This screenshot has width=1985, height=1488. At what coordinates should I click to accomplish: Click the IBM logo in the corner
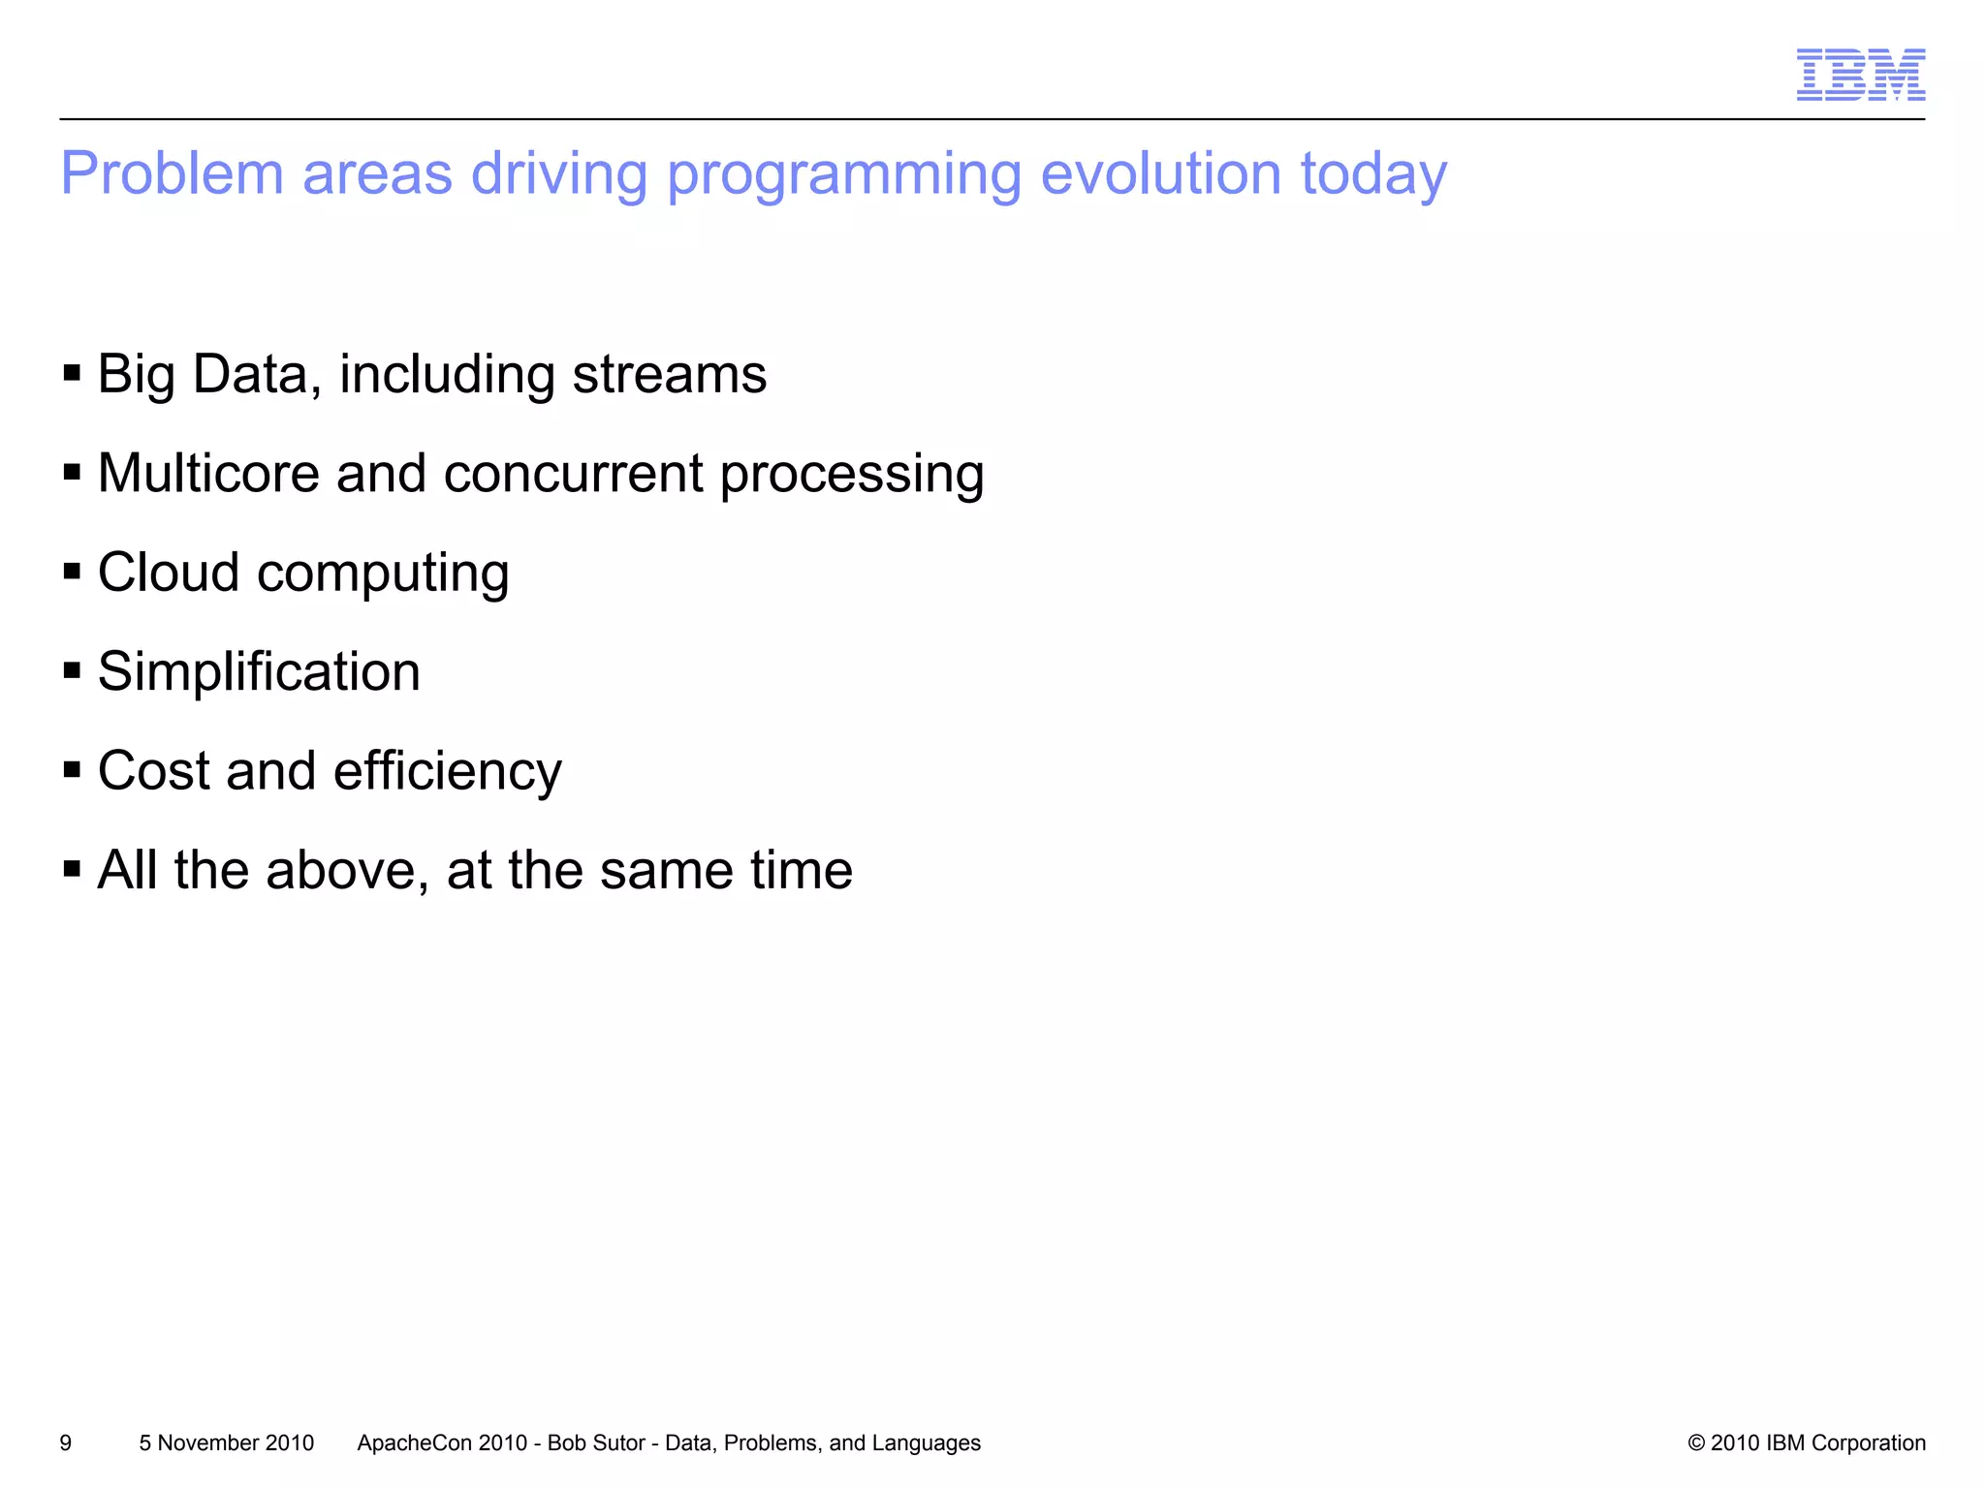tap(1860, 75)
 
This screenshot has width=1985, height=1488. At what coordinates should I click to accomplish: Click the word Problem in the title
tap(172, 174)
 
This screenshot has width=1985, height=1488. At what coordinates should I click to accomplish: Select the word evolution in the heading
tap(1160, 174)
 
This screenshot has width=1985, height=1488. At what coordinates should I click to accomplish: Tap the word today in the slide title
tap(1373, 176)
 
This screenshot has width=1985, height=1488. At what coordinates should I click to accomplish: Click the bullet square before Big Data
tap(72, 373)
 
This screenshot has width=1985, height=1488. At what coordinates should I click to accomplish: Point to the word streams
tap(669, 375)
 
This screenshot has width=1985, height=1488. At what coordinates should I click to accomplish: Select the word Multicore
tap(208, 474)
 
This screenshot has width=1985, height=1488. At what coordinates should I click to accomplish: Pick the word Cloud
tap(169, 573)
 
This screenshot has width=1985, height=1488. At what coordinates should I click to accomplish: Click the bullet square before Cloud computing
tap(72, 572)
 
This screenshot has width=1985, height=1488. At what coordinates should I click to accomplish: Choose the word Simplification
tap(259, 672)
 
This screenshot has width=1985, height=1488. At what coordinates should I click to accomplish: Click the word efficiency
tap(447, 772)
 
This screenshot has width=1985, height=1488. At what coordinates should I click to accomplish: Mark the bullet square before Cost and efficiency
tap(72, 770)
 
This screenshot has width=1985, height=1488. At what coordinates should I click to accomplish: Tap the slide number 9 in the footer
tap(66, 1443)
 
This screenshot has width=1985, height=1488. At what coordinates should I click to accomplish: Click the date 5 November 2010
tap(227, 1443)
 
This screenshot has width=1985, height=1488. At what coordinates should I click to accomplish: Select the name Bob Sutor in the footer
tap(596, 1443)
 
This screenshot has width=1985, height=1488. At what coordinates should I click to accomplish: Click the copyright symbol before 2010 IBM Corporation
tap(1696, 1443)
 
